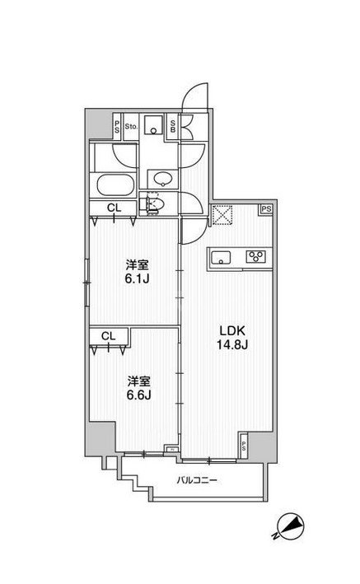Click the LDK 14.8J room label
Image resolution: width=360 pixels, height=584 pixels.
tap(232, 338)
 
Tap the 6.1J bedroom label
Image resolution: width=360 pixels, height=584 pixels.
tap(137, 272)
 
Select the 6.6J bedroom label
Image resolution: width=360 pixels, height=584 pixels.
tap(138, 388)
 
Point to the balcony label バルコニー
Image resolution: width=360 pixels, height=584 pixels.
tap(196, 480)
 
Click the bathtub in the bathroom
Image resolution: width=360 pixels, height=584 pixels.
tap(115, 185)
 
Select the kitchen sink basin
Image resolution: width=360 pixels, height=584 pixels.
tap(221, 257)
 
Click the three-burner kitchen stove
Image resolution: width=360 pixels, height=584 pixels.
tap(255, 256)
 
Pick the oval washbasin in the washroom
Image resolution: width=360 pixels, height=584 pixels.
tap(162, 179)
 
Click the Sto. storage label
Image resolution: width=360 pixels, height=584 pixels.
tap(131, 127)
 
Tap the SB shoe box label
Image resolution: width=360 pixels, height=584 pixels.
tap(173, 127)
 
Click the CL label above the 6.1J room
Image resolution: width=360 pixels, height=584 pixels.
tap(114, 208)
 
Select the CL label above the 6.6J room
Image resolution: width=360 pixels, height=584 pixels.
tap(109, 336)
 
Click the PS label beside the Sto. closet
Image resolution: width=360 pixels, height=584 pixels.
tap(117, 126)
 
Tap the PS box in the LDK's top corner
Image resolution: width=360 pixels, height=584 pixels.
tap(266, 209)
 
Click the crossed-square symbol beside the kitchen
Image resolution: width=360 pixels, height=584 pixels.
tap(222, 215)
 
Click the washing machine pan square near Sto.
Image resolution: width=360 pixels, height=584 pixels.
tap(153, 125)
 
